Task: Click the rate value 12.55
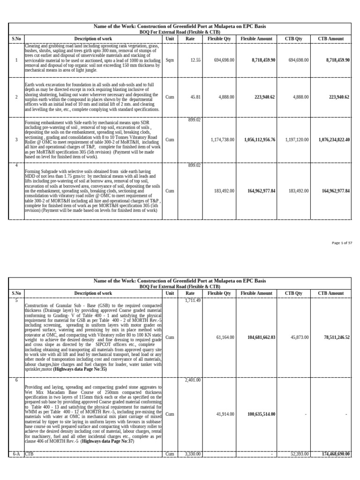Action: (x=195, y=60)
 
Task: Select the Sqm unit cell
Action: (x=170, y=60)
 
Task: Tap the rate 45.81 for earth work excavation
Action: (x=195, y=97)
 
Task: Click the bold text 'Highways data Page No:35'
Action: (x=80, y=369)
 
